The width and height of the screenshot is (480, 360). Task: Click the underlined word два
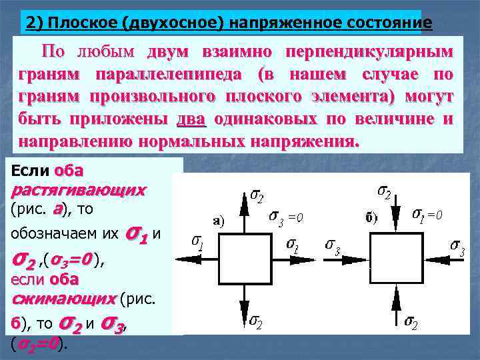point(192,120)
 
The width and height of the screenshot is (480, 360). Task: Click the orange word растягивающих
point(79,190)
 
